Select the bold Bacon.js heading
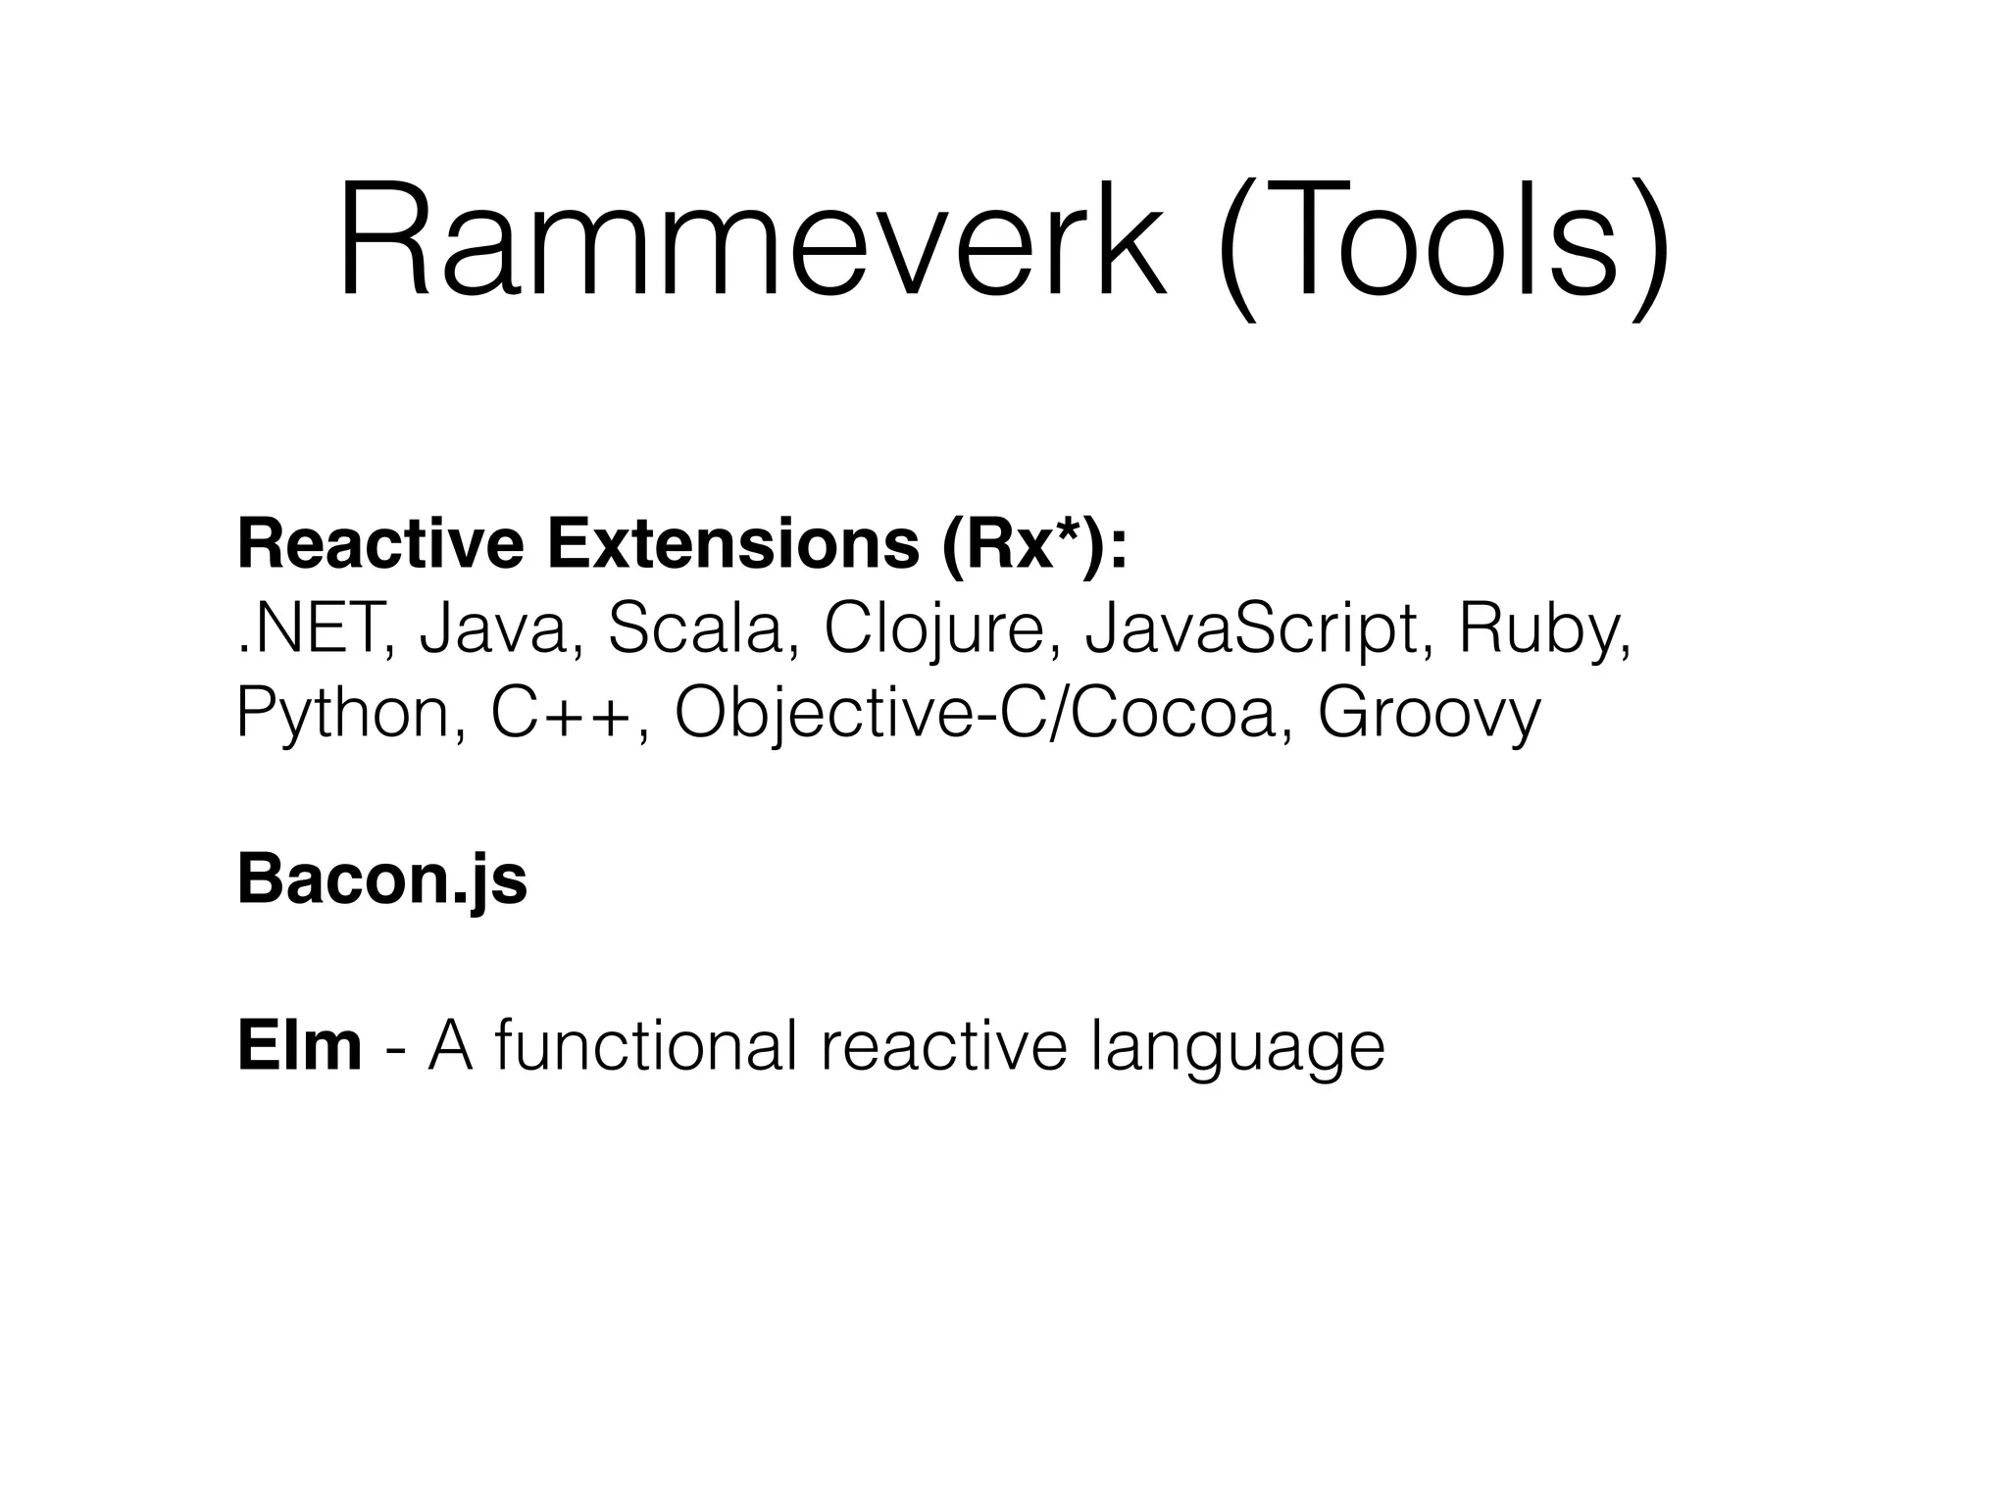pyautogui.click(x=382, y=880)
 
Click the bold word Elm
pyautogui.click(x=299, y=1046)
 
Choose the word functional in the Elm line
pyautogui.click(x=646, y=1046)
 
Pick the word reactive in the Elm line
pyautogui.click(x=943, y=1046)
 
